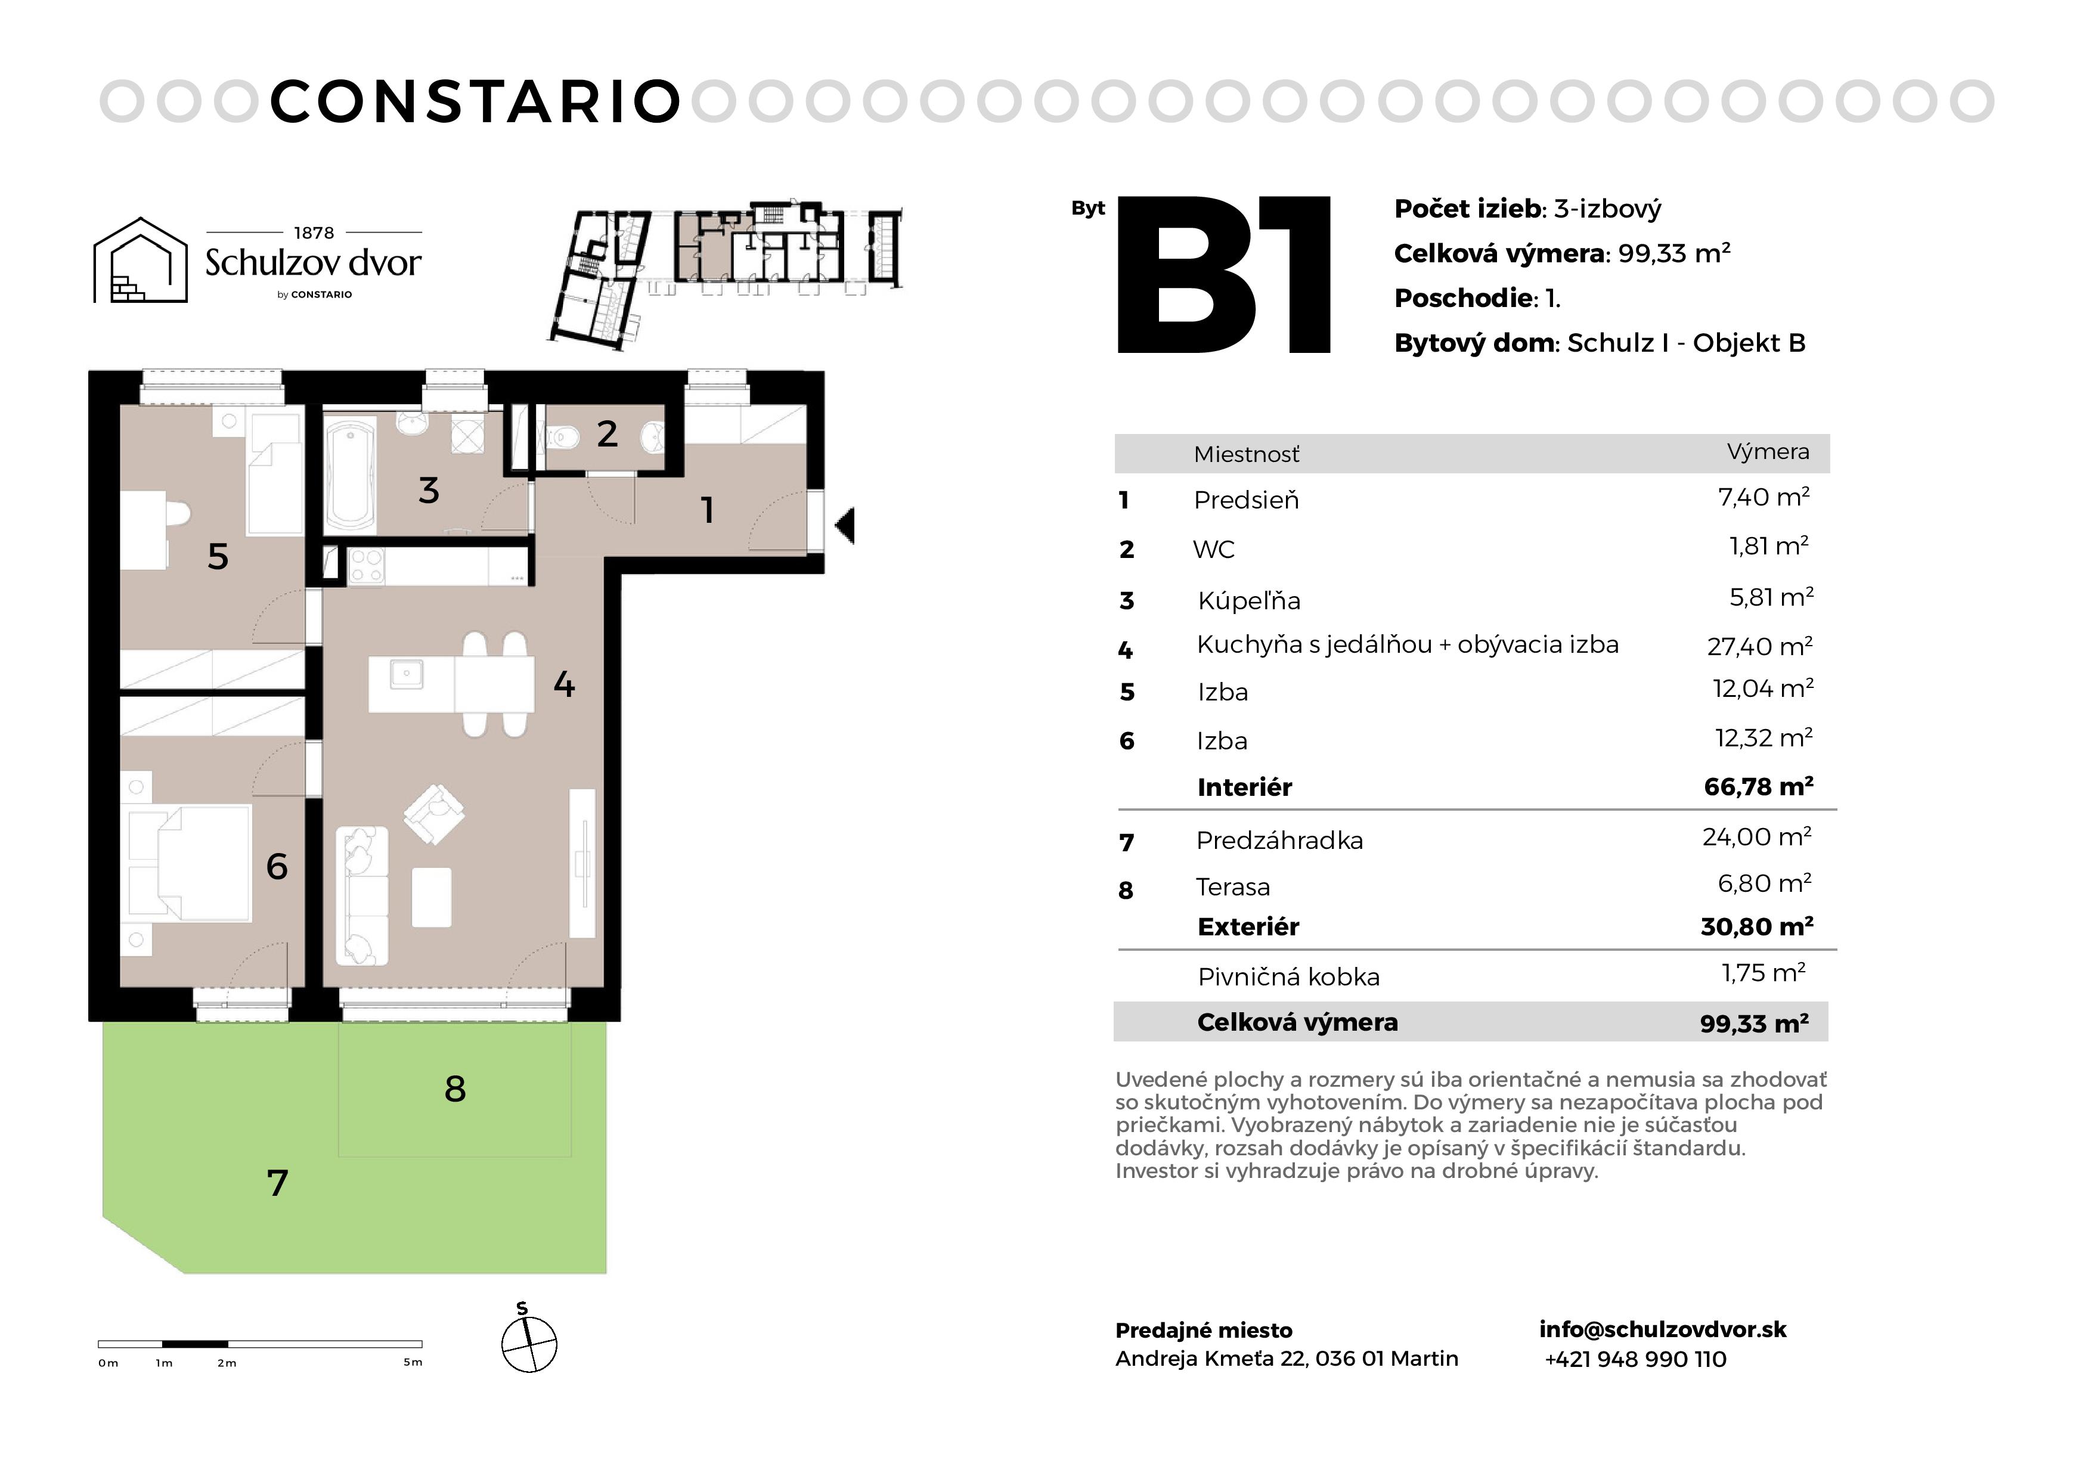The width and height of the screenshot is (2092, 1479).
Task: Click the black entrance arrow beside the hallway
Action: coord(845,526)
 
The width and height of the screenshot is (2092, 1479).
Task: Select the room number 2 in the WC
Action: coord(607,434)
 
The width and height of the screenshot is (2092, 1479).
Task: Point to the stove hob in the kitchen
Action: coord(366,565)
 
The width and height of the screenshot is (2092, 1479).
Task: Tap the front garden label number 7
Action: coord(277,1183)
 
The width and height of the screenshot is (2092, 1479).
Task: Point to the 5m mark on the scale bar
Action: coord(413,1362)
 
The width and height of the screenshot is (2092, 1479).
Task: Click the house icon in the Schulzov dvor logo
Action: coord(140,260)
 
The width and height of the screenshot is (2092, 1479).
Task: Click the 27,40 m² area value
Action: coord(1759,646)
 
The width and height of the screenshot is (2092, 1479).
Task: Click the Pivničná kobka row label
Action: coord(1288,977)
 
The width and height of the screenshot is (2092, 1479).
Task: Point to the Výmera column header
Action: coord(1768,451)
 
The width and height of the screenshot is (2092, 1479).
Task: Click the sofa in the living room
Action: coord(362,896)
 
